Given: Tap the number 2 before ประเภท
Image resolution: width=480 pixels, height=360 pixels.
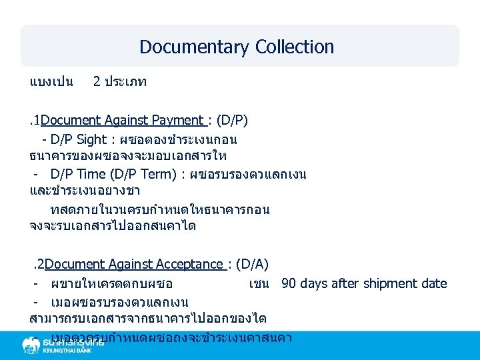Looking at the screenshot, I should [x=97, y=82].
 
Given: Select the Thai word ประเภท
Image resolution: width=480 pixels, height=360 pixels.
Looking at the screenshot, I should [x=127, y=82].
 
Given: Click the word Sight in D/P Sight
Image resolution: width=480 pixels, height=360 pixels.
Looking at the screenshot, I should [x=91, y=140].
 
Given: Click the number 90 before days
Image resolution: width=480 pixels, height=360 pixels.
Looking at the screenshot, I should [x=289, y=283].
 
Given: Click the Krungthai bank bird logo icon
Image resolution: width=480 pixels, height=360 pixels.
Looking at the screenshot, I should [x=31, y=345].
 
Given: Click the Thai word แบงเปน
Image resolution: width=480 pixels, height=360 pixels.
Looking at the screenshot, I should [x=51, y=82].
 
